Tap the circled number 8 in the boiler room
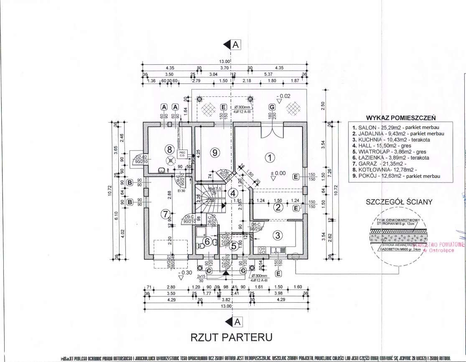point(169,149)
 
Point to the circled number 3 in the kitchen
point(277,235)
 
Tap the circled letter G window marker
point(272,107)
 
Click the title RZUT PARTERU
point(232,337)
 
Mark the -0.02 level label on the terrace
point(284,96)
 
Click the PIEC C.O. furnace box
point(182,153)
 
